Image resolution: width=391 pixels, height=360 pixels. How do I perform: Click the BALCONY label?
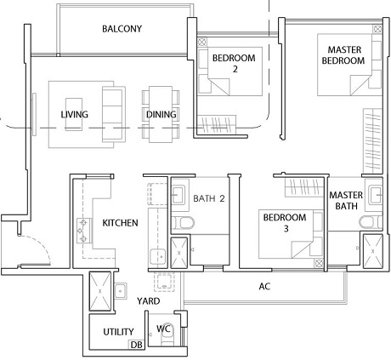122,29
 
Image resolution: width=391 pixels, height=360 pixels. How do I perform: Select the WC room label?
163,329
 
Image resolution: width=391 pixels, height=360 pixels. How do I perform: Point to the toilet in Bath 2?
183,223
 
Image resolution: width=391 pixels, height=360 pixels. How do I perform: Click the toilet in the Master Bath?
371,221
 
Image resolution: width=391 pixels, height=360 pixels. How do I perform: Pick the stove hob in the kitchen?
84,231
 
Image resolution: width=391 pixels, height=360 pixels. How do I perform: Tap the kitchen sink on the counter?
158,257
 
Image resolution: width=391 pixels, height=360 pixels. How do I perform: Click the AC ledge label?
264,287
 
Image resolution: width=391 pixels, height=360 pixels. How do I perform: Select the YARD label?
149,301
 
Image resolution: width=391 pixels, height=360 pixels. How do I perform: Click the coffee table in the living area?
74,114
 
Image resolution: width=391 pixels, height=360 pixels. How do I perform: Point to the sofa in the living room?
114,114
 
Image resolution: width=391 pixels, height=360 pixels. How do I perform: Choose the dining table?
161,114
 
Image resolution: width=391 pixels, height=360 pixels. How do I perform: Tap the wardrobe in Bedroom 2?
217,124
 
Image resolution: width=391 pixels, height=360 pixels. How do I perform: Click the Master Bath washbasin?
375,195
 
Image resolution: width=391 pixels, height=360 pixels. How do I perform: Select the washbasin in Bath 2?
178,195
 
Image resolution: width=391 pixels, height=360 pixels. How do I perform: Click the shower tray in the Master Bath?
372,251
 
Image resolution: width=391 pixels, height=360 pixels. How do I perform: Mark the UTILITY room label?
118,332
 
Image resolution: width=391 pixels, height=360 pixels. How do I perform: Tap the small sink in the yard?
121,291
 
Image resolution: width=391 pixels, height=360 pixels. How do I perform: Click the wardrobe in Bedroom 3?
304,187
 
